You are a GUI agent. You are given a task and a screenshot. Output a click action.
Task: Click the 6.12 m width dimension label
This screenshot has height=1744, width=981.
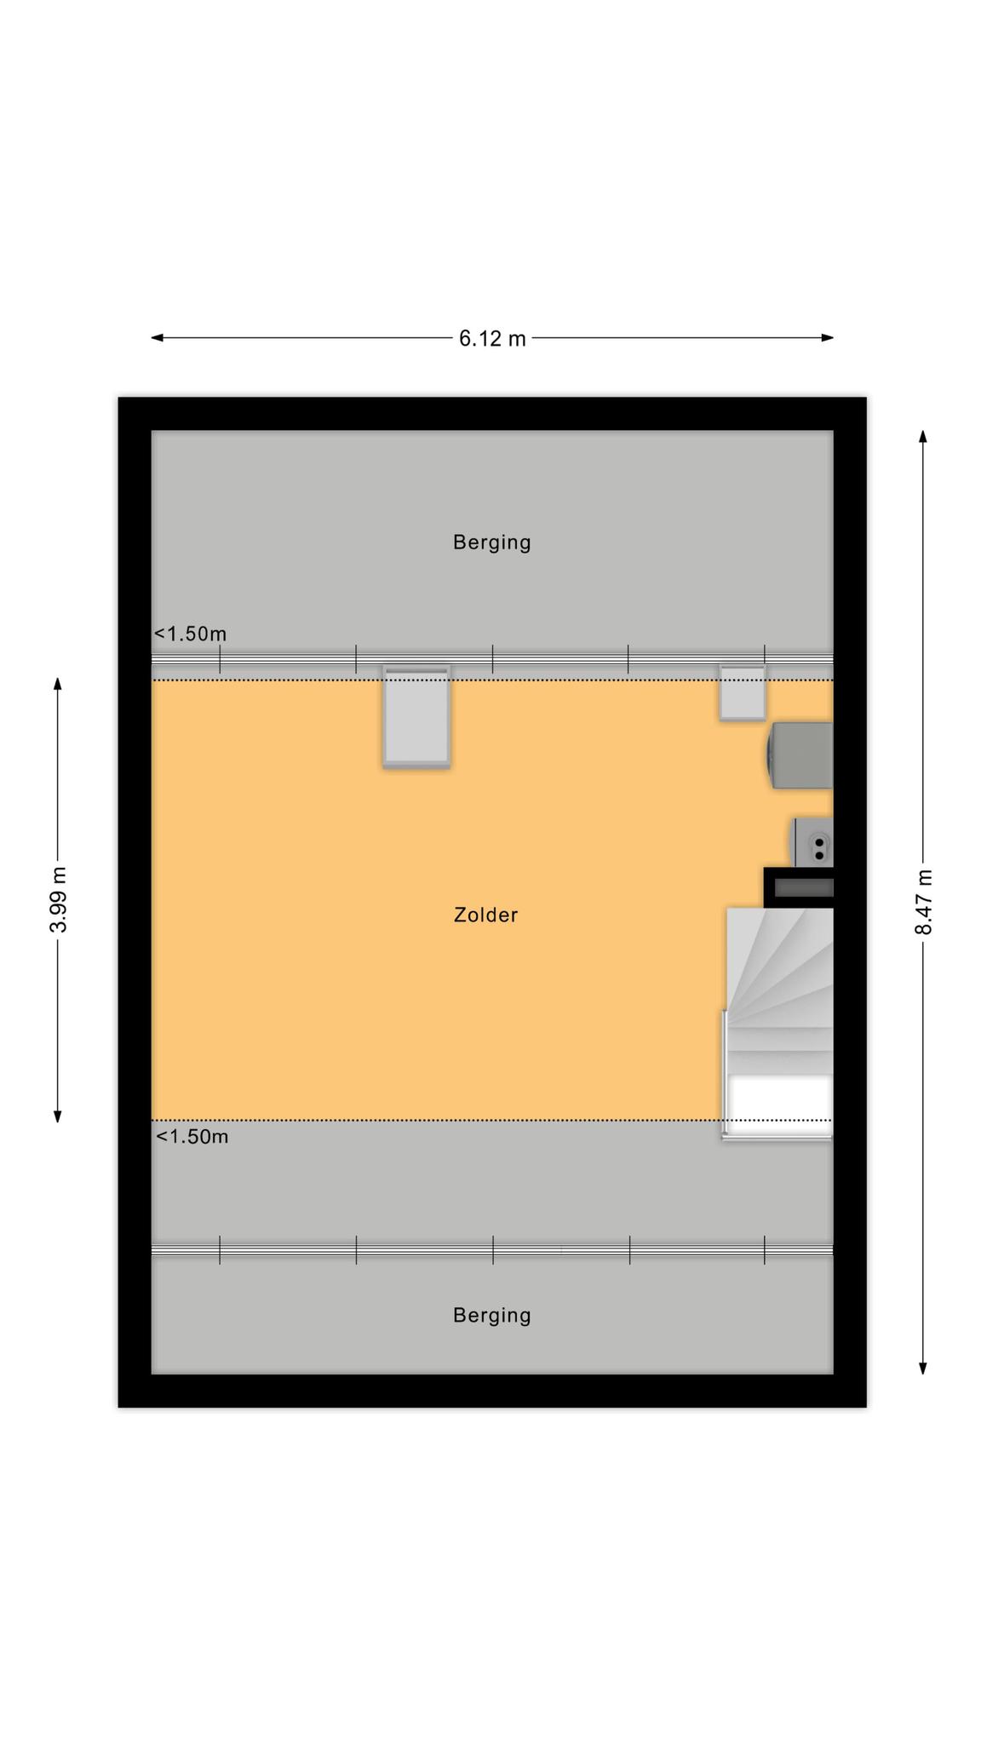click(x=492, y=339)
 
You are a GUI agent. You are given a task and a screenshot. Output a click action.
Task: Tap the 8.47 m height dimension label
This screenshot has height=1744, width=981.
click(x=924, y=902)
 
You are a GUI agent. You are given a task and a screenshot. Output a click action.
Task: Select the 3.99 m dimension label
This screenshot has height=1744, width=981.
click(x=58, y=899)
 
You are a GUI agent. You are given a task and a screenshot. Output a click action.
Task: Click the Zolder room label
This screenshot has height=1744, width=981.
click(x=485, y=915)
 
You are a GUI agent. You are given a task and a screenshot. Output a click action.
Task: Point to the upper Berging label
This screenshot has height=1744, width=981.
click(x=492, y=542)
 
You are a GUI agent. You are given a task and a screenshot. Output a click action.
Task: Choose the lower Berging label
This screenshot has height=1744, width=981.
click(x=492, y=1316)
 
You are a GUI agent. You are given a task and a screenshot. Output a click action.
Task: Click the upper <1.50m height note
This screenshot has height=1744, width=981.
click(x=190, y=634)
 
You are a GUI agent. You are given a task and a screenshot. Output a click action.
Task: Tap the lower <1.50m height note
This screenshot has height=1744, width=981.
click(x=192, y=1137)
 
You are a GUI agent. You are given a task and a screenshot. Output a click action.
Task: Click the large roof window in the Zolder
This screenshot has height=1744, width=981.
click(x=416, y=717)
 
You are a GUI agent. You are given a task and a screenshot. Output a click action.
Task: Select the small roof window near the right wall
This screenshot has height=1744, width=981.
click(x=743, y=693)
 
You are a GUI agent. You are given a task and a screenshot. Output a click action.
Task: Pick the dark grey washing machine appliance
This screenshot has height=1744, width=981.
click(x=800, y=755)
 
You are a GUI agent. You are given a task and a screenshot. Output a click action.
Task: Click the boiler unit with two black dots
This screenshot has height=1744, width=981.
click(x=813, y=842)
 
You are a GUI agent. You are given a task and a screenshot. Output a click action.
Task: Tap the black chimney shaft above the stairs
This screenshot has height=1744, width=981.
click(x=799, y=888)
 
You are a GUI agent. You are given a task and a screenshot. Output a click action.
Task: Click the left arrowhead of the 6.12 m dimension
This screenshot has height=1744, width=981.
click(x=157, y=338)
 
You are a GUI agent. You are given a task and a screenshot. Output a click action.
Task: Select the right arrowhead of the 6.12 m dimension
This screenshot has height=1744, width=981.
click(x=827, y=338)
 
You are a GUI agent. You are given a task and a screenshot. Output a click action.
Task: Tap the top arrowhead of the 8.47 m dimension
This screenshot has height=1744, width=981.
click(x=923, y=437)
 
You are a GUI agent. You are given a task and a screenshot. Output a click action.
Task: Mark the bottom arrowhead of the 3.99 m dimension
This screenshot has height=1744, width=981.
click(x=58, y=1116)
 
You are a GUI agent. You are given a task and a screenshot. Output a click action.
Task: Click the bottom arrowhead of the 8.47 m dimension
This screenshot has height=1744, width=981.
click(x=923, y=1368)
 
